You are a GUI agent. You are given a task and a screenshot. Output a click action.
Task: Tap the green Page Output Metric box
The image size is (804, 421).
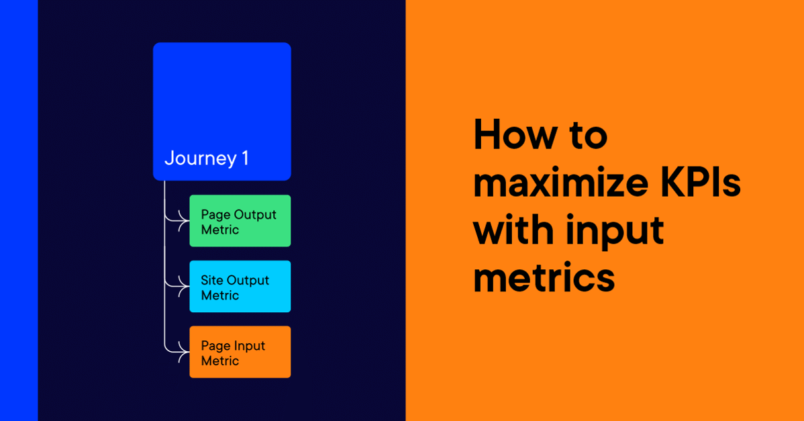[240, 221]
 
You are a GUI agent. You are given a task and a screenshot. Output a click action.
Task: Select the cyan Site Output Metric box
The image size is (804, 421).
[240, 287]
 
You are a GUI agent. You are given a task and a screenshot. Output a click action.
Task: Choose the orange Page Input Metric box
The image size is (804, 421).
[240, 352]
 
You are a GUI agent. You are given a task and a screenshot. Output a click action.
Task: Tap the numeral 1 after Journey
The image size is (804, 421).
[244, 158]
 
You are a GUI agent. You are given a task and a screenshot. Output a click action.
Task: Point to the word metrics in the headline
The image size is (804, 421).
[544, 277]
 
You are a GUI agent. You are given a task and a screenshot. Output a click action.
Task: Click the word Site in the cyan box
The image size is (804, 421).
[212, 280]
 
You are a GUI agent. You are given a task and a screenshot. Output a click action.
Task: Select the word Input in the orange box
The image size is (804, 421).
[249, 346]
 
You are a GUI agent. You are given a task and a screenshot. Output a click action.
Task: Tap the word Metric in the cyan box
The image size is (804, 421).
[220, 295]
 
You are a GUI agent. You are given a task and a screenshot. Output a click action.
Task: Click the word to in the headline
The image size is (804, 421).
[585, 136]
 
